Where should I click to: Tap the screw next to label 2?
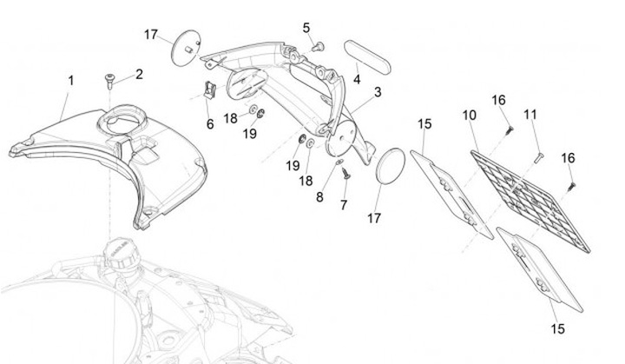(110, 81)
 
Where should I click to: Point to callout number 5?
(306, 28)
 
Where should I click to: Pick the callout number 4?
(357, 80)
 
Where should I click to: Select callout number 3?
(378, 91)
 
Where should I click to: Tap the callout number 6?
(209, 124)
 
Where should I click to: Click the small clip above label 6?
(209, 89)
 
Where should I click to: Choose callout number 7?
(344, 205)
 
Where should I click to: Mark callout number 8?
(319, 197)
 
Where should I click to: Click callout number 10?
(468, 116)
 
